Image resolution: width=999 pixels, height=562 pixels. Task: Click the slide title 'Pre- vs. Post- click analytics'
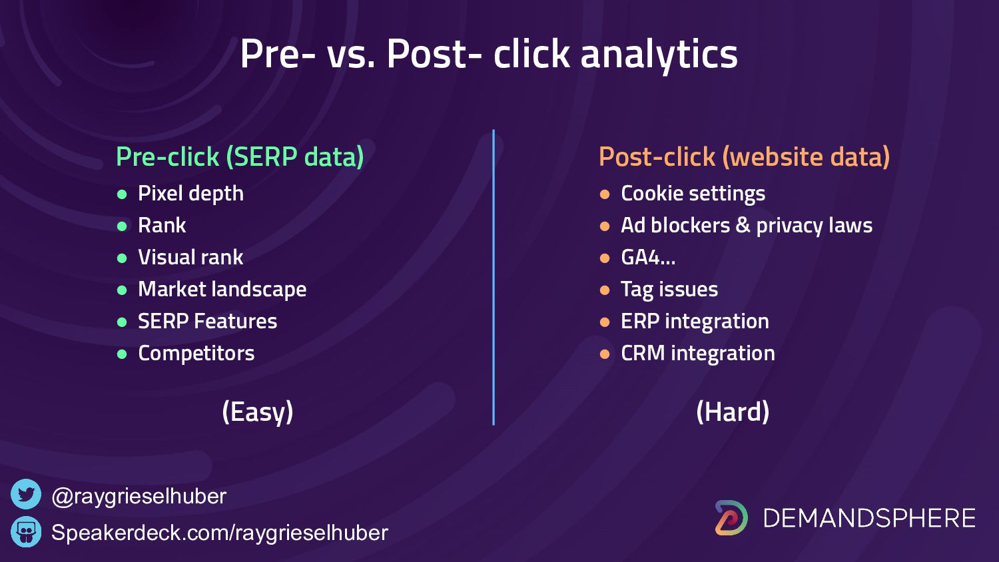click(x=489, y=54)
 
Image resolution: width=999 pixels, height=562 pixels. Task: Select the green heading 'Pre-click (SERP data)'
click(x=240, y=157)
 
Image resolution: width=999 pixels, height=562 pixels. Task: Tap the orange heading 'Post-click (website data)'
click(x=745, y=157)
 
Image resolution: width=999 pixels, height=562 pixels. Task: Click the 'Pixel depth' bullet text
click(x=191, y=194)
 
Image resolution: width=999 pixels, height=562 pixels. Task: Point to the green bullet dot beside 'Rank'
click(x=122, y=226)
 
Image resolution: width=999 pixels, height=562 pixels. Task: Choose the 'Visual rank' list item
click(x=190, y=257)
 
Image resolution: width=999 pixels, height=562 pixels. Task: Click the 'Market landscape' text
click(x=222, y=290)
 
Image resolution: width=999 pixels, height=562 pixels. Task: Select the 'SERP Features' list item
click(x=207, y=321)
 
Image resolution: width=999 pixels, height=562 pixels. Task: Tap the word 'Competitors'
click(x=196, y=354)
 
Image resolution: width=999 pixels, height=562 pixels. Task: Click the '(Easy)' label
click(x=258, y=412)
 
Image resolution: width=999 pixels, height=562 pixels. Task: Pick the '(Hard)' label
click(x=733, y=412)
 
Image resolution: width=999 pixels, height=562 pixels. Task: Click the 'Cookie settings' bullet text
click(x=693, y=194)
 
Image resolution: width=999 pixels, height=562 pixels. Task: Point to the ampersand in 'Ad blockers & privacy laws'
click(x=743, y=225)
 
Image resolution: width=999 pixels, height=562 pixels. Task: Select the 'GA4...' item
click(x=648, y=257)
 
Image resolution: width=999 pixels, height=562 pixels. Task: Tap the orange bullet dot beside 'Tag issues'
click(x=605, y=290)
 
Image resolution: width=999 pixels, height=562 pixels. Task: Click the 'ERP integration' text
click(x=695, y=322)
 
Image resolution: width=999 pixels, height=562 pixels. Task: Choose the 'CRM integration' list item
click(x=698, y=354)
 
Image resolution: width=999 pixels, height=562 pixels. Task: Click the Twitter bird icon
click(x=26, y=494)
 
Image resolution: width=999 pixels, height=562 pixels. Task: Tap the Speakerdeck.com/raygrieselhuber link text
click(x=220, y=533)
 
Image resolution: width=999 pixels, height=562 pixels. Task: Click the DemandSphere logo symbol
click(x=731, y=517)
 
